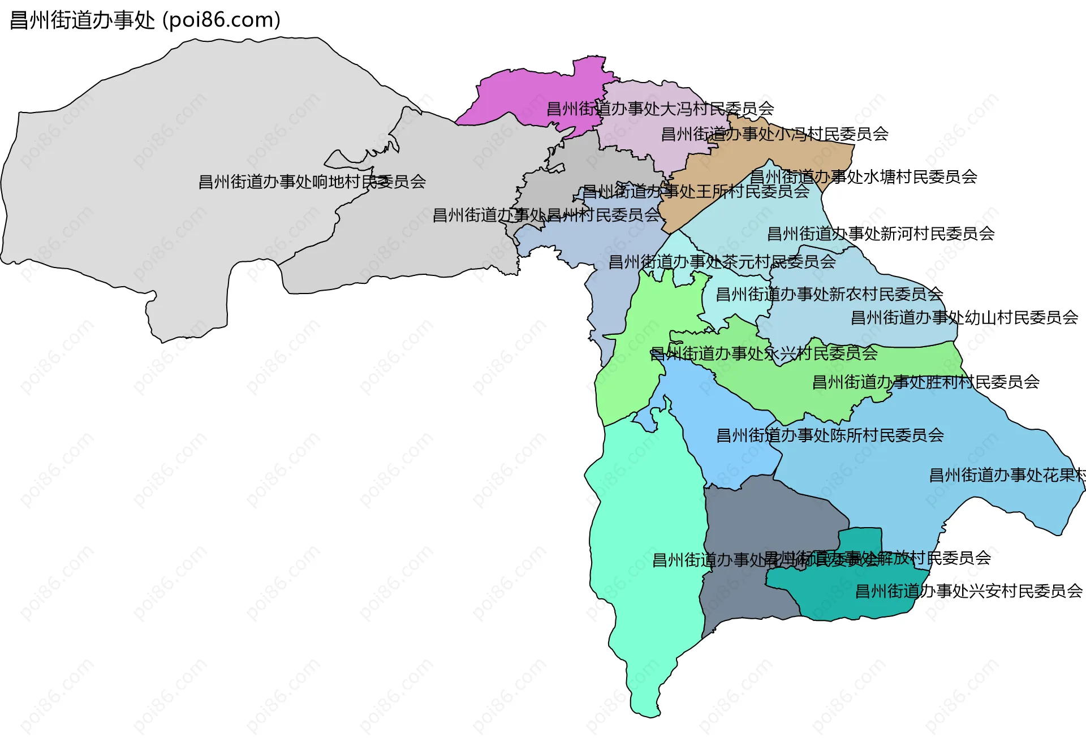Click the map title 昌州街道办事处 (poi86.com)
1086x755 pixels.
pyautogui.click(x=145, y=20)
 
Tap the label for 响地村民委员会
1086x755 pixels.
pyautogui.click(x=312, y=182)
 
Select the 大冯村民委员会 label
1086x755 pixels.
pyautogui.click(x=660, y=109)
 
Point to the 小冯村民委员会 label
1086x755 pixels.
pyautogui.click(x=774, y=134)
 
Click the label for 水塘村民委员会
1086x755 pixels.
pyautogui.click(x=863, y=177)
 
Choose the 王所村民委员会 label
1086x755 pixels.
pyautogui.click(x=696, y=191)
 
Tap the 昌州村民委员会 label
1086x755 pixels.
pyautogui.click(x=546, y=215)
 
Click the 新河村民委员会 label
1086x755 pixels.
pyautogui.click(x=881, y=234)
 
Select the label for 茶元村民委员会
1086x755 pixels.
pyautogui.click(x=722, y=262)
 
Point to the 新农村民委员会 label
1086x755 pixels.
pyautogui.click(x=829, y=294)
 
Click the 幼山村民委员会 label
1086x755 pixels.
pyautogui.click(x=964, y=318)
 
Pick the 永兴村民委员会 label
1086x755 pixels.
pyautogui.click(x=764, y=354)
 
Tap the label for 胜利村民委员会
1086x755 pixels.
pyautogui.click(x=925, y=382)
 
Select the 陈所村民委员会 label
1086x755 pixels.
pyautogui.click(x=830, y=435)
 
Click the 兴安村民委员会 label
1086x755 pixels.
pyautogui.click(x=968, y=592)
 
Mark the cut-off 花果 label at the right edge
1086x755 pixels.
pyautogui.click(x=1007, y=475)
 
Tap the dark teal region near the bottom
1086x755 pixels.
pyautogui.click(x=848, y=594)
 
